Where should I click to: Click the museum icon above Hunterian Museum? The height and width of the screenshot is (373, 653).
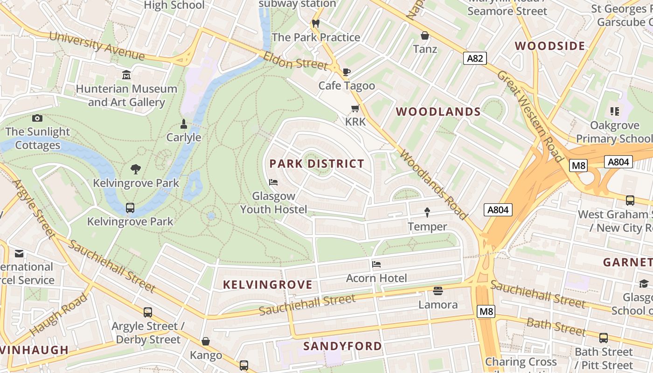point(126,75)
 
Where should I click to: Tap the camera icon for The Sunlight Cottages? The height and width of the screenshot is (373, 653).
point(37,118)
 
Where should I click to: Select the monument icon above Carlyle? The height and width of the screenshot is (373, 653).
point(184,124)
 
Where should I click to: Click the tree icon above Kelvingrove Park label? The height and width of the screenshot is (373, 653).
point(136,169)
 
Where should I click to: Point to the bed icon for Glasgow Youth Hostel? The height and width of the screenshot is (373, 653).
point(274,182)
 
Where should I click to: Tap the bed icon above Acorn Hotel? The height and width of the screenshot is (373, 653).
point(376,264)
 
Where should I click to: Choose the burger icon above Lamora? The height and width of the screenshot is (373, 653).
point(438,291)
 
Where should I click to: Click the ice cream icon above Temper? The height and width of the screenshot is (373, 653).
point(427,213)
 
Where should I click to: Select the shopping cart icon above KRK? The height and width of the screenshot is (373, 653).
point(355,109)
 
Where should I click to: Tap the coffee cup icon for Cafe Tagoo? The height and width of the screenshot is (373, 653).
point(346,72)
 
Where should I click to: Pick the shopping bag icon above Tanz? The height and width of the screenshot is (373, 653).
point(425,35)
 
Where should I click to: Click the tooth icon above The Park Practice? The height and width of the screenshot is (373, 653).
point(316,23)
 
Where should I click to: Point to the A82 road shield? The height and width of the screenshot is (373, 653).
point(475,58)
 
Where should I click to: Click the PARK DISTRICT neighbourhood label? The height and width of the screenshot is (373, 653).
point(317,164)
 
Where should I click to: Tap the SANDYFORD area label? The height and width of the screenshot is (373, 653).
point(342,346)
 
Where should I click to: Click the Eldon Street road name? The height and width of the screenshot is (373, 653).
point(295,61)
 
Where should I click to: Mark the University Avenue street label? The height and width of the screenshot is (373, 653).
point(97,46)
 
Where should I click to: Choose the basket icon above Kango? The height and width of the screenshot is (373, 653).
point(206,342)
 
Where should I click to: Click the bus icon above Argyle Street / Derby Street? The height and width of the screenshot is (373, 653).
point(148,312)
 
